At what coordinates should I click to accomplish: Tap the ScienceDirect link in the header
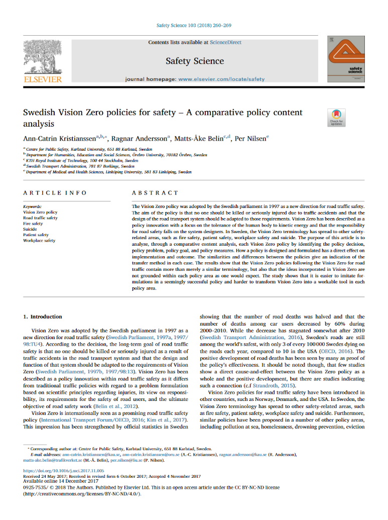pos(225,42)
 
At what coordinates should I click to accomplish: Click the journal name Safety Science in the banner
pos(195,61)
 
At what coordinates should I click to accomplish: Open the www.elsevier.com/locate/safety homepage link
pos(221,79)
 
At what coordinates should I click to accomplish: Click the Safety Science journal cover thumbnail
pos(346,59)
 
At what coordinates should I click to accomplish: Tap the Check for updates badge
pos(336,117)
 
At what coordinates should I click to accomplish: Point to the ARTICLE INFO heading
pos(55,193)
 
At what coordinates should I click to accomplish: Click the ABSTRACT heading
pos(155,193)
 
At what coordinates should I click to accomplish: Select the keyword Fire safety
pos(33,224)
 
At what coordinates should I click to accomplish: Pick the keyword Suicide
pos(30,229)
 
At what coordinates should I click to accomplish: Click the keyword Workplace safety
pos(39,241)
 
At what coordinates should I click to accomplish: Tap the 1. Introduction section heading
pos(43,317)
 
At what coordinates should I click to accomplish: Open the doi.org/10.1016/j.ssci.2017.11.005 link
pos(61,471)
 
